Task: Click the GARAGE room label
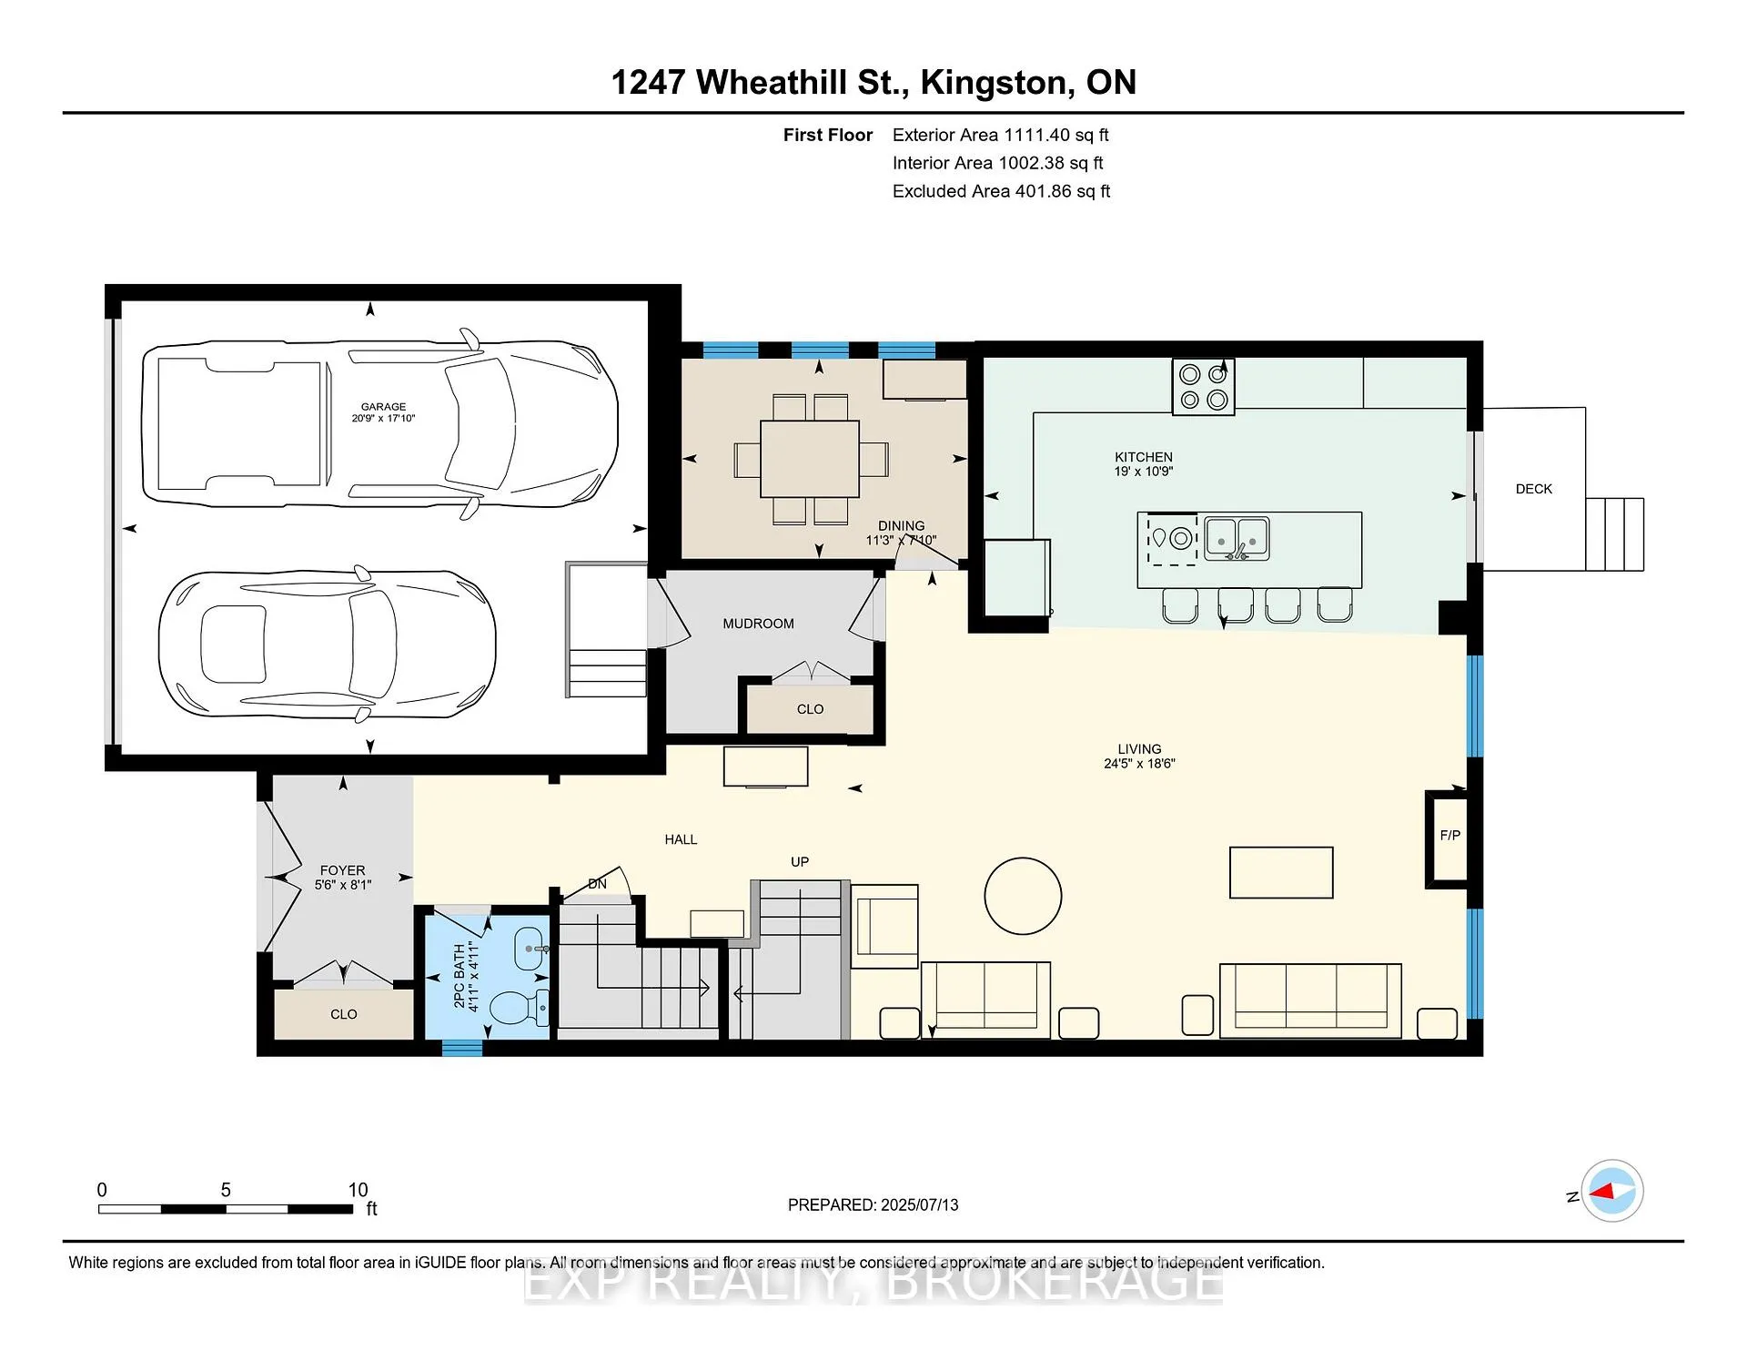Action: [x=383, y=407]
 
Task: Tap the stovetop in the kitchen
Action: [x=1203, y=387]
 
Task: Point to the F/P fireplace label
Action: [x=1450, y=835]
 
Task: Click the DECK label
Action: [x=1534, y=489]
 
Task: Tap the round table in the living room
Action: [x=1023, y=896]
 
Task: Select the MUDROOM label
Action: [x=758, y=624]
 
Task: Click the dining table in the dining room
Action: [x=810, y=459]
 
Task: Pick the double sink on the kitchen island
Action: [x=1237, y=538]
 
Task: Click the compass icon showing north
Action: [x=1612, y=1191]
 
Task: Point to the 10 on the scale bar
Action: [x=358, y=1190]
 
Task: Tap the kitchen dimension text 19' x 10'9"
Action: [x=1144, y=472]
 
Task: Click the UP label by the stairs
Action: [x=800, y=861]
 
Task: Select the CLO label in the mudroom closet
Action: [x=810, y=709]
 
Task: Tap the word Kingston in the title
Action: [x=994, y=82]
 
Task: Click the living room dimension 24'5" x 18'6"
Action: [x=1139, y=764]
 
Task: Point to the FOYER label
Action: [x=342, y=870]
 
